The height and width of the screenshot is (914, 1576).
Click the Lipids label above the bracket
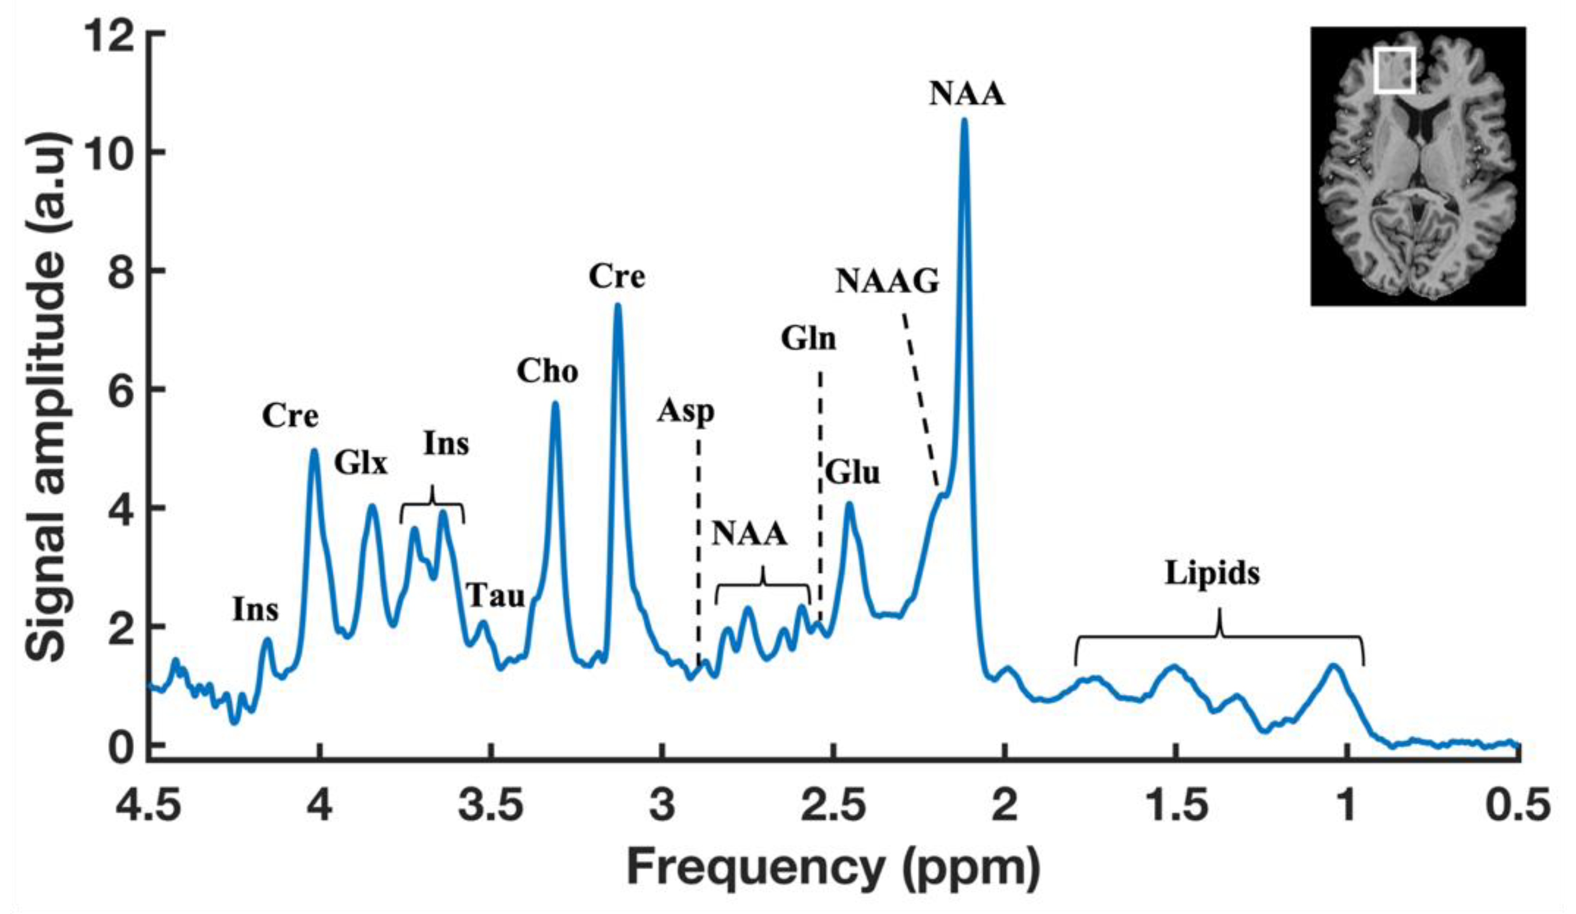tap(1212, 574)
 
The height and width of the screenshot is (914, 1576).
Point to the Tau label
tap(496, 596)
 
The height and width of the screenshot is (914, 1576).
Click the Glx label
tap(361, 465)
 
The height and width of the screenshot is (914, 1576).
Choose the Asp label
tap(685, 412)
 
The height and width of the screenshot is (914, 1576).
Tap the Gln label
tap(808, 340)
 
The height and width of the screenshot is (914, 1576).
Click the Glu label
tap(852, 473)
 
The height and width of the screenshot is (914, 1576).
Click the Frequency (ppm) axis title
tap(833, 869)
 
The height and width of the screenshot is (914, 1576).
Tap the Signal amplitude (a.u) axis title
tap(47, 394)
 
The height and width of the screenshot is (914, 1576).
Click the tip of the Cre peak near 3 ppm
tap(617, 307)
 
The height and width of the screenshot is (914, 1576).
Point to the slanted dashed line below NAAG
tap(919, 401)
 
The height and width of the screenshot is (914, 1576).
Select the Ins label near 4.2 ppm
tap(255, 609)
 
